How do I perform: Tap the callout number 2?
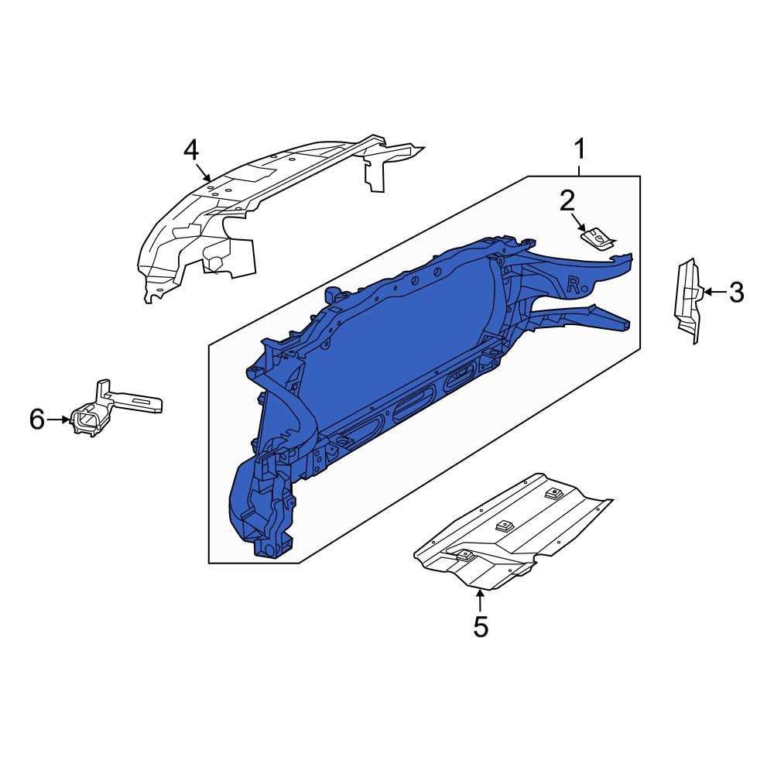click(x=567, y=201)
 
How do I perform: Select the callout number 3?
click(x=736, y=293)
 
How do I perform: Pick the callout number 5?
click(x=481, y=626)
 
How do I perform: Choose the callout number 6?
click(x=37, y=420)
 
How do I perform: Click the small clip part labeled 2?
click(x=598, y=238)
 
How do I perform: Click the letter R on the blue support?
click(x=574, y=283)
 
